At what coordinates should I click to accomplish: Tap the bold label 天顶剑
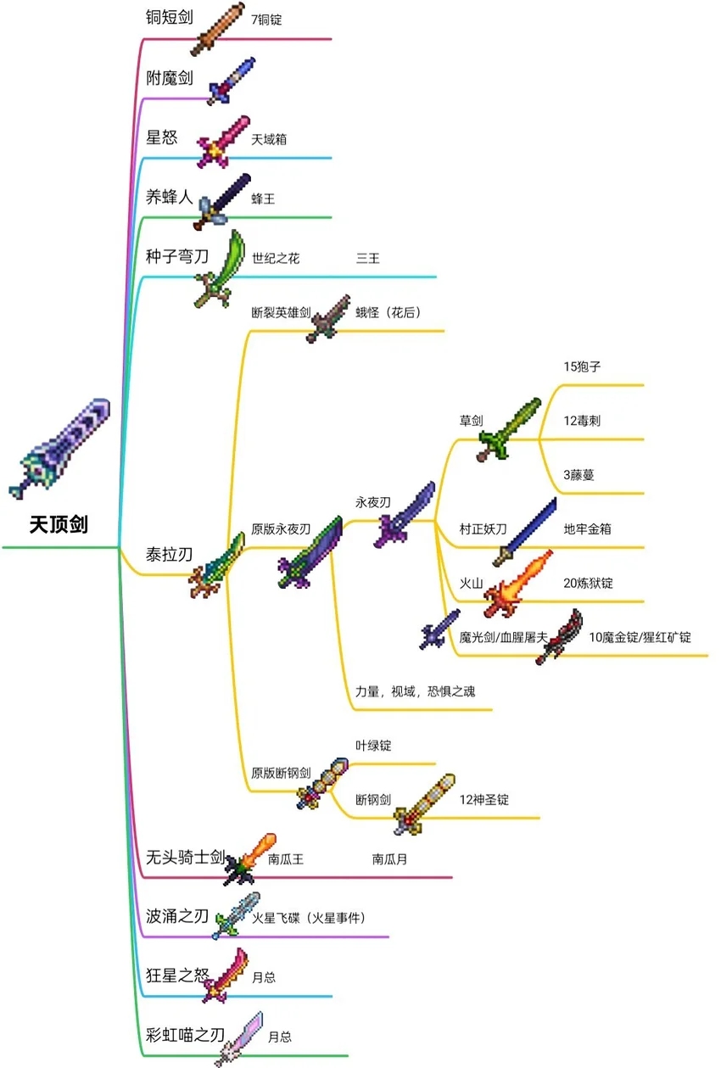pos(59,525)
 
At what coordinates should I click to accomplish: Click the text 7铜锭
pos(266,19)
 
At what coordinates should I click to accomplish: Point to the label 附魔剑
pos(170,78)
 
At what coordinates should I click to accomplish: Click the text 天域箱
pos(269,138)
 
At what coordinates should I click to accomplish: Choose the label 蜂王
pos(263,199)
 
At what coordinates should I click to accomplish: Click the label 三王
pos(367,258)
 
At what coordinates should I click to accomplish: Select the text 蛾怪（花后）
pos(388,312)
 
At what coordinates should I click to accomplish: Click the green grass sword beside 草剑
pos(508,429)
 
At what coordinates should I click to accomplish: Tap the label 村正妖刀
pos(483,528)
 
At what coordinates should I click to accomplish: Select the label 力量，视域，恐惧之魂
pos(416,691)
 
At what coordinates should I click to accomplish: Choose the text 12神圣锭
pos(484,799)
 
